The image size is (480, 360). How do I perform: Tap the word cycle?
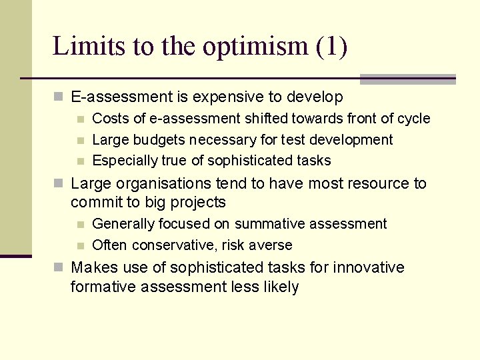point(414,119)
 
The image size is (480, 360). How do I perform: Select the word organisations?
point(158,183)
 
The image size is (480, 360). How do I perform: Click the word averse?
point(272,245)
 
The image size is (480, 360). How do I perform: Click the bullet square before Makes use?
point(59,268)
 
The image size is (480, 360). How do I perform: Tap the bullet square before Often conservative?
point(80,245)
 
